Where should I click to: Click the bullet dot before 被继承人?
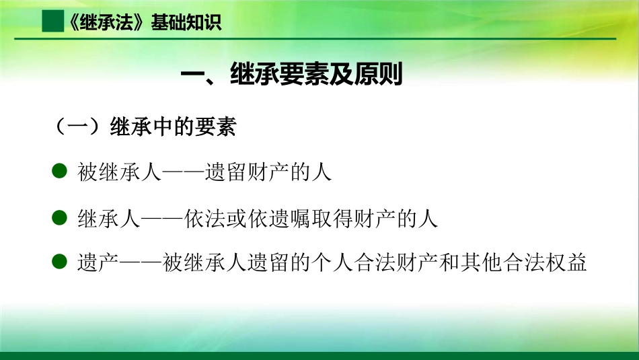click(x=59, y=171)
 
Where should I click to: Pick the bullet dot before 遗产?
click(x=59, y=261)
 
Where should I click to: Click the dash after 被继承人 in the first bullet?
click(x=172, y=172)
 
